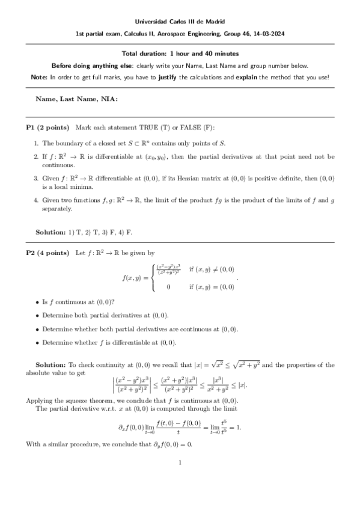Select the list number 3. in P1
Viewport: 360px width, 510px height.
click(x=36, y=179)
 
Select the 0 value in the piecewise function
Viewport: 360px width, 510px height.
click(x=168, y=287)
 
